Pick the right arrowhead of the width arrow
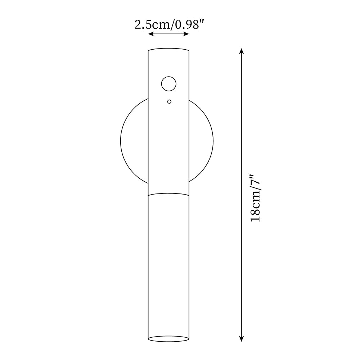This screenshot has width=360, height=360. [x=187, y=34]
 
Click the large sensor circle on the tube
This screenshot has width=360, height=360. [x=168, y=84]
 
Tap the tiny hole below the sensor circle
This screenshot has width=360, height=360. [x=169, y=102]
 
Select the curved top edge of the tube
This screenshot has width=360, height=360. [x=169, y=49]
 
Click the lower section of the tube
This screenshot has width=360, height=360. [x=169, y=266]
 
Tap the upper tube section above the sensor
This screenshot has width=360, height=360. [x=169, y=63]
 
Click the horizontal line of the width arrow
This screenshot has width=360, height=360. [x=169, y=34]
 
